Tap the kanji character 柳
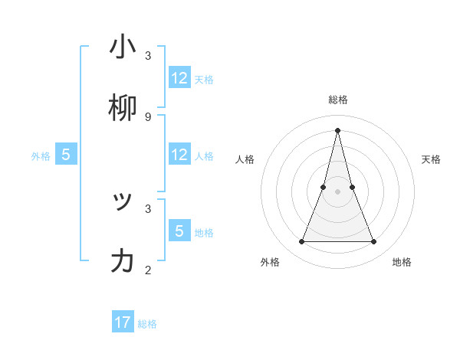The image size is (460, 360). pyautogui.click(x=123, y=108)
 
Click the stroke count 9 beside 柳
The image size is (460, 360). pyautogui.click(x=148, y=116)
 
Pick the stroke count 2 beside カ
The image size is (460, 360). pyautogui.click(x=148, y=270)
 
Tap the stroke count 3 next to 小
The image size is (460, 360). pyautogui.click(x=148, y=56)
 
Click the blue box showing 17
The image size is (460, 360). pyautogui.click(x=123, y=322)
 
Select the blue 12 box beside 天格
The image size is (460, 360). pyautogui.click(x=179, y=78)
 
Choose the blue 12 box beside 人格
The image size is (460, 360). pyautogui.click(x=179, y=155)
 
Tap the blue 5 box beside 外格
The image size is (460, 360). pyautogui.click(x=66, y=155)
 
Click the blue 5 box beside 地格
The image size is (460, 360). pyautogui.click(x=179, y=231)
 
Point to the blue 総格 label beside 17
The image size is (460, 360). pyautogui.click(x=147, y=324)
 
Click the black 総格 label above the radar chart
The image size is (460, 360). pyautogui.click(x=337, y=100)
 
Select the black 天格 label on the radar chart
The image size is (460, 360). pyautogui.click(x=431, y=159)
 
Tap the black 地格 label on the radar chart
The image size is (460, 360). pyautogui.click(x=402, y=262)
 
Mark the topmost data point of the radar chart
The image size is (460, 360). pyautogui.click(x=337, y=129)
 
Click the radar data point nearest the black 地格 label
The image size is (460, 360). pyautogui.click(x=374, y=242)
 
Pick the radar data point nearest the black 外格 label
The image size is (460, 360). pyautogui.click(x=301, y=242)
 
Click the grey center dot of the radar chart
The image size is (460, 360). pyautogui.click(x=337, y=191)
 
